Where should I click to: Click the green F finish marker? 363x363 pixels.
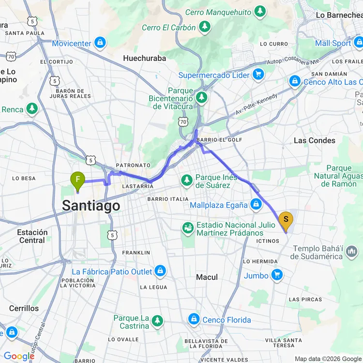point(77,181)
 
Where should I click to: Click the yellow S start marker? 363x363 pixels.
point(286,221)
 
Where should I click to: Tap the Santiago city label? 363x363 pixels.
point(91,206)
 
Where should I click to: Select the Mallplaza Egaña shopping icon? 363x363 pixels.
point(256,205)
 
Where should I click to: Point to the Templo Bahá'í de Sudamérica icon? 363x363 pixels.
point(353,251)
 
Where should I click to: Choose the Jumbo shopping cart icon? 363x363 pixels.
point(276,275)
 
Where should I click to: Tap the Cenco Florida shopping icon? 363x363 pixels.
point(194,319)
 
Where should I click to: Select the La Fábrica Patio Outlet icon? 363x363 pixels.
point(160,272)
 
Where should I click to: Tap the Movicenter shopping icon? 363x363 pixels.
point(100,43)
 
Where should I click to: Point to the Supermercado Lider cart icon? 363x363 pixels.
point(258,75)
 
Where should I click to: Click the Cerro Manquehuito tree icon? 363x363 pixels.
point(260,11)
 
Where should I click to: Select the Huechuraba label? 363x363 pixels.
point(144,58)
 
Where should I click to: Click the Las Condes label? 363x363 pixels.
point(314,140)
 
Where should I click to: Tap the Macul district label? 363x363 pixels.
point(207,277)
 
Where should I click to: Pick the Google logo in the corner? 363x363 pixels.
point(18,356)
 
